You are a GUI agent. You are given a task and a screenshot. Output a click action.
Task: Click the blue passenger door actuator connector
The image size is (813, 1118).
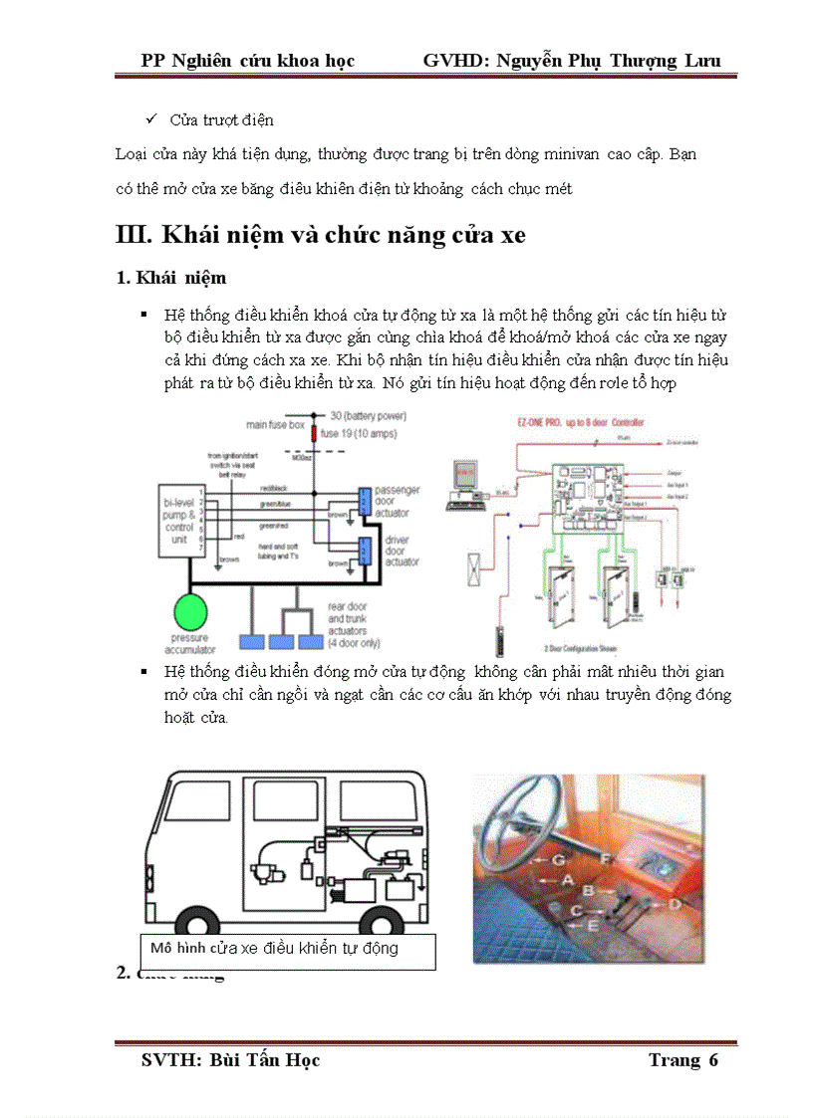tap(365, 499)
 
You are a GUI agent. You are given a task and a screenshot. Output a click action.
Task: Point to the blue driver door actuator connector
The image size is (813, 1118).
tap(365, 550)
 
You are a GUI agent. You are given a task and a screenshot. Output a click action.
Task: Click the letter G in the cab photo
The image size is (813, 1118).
tap(559, 858)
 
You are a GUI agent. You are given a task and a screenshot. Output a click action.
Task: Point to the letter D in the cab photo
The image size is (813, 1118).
tap(674, 903)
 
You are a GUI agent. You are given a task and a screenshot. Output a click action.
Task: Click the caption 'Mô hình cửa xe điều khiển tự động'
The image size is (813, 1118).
tap(274, 948)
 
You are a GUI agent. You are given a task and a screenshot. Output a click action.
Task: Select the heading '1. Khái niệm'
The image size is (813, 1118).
tap(171, 277)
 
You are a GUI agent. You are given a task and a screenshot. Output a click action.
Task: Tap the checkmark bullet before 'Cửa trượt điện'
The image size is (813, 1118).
tap(152, 119)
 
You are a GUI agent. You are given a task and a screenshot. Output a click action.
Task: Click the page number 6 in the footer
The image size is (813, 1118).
tap(712, 1059)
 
